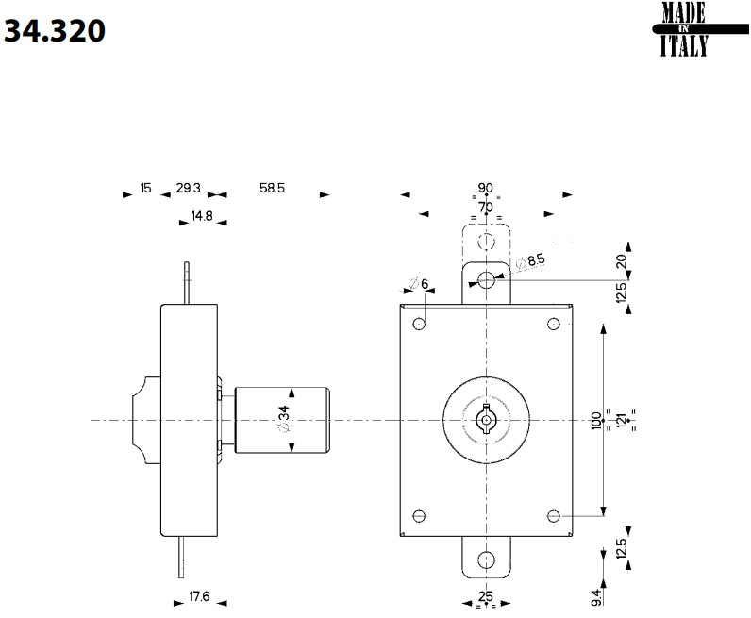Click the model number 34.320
pos(56,31)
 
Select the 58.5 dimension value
pos(272,189)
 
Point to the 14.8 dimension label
pos(202,216)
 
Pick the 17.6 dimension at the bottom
pos(197,596)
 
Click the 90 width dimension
pos(486,188)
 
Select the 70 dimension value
pos(485,207)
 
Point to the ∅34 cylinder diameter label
pos(283,419)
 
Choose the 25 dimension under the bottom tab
pos(486,596)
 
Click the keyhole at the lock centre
pos(486,419)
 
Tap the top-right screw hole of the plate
pos(554,325)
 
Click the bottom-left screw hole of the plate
pos(420,516)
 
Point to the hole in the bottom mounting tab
pos(486,559)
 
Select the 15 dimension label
pos(145,189)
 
